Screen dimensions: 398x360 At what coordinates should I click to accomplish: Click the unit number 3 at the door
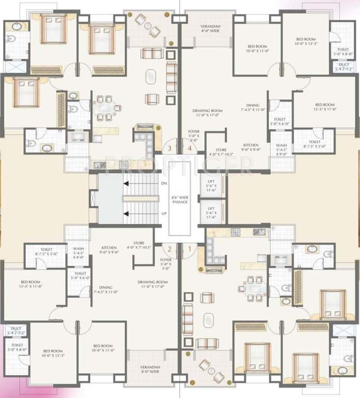click(x=169, y=149)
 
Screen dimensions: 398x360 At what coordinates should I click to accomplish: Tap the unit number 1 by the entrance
click(x=190, y=249)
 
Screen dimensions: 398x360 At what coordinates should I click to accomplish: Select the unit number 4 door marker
click(x=190, y=149)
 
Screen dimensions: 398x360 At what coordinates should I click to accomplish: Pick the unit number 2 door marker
click(x=170, y=249)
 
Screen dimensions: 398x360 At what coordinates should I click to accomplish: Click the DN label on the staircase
click(x=164, y=183)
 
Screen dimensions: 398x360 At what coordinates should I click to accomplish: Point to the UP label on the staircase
click(x=164, y=214)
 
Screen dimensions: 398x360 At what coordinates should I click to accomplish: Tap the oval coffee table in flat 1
click(x=209, y=319)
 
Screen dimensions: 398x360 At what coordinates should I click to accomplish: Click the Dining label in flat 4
click(x=253, y=107)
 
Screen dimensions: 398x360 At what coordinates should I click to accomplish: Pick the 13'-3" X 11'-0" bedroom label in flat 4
click(x=326, y=107)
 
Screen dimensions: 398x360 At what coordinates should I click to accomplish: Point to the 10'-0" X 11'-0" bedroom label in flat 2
click(x=103, y=348)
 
